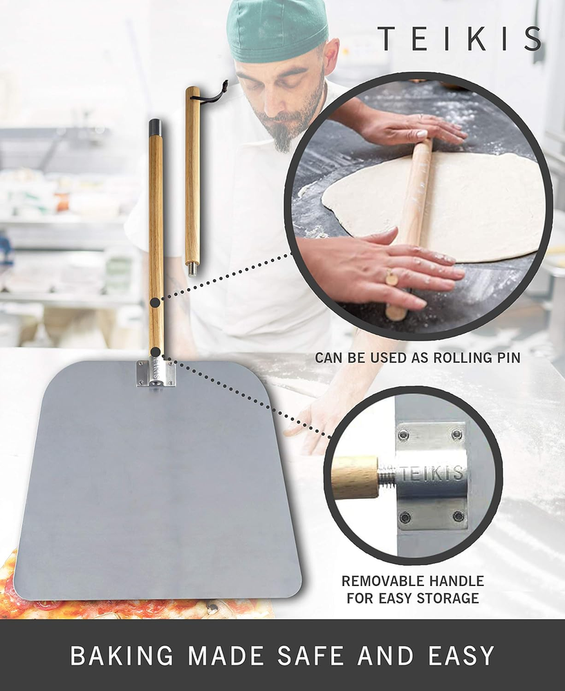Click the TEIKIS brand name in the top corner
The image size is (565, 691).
click(x=460, y=38)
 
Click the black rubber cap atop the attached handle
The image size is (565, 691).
click(x=155, y=127)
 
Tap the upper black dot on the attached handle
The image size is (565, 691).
click(x=155, y=303)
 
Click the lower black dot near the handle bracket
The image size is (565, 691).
click(x=155, y=352)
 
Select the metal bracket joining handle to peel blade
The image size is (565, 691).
click(x=155, y=373)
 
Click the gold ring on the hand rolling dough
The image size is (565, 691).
click(x=391, y=277)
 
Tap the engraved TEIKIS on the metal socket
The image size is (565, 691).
click(x=432, y=473)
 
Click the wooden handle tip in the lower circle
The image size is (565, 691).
click(x=355, y=477)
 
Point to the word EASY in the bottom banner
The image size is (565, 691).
click(x=461, y=656)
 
